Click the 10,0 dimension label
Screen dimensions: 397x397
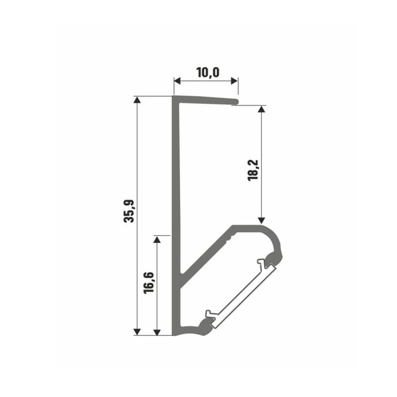[x=207, y=72]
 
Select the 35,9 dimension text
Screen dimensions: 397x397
[x=129, y=211]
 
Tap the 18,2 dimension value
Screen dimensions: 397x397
[x=253, y=170]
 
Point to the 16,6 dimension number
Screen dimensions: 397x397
[x=148, y=283]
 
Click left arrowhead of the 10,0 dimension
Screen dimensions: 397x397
[x=177, y=81]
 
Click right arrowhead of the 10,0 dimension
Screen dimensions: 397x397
[x=234, y=81]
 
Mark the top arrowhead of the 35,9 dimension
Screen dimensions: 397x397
[x=137, y=100]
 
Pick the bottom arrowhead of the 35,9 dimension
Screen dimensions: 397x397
[x=137, y=331]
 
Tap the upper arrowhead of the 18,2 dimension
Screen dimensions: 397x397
[x=262, y=109]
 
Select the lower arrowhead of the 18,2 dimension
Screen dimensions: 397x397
[x=262, y=220]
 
